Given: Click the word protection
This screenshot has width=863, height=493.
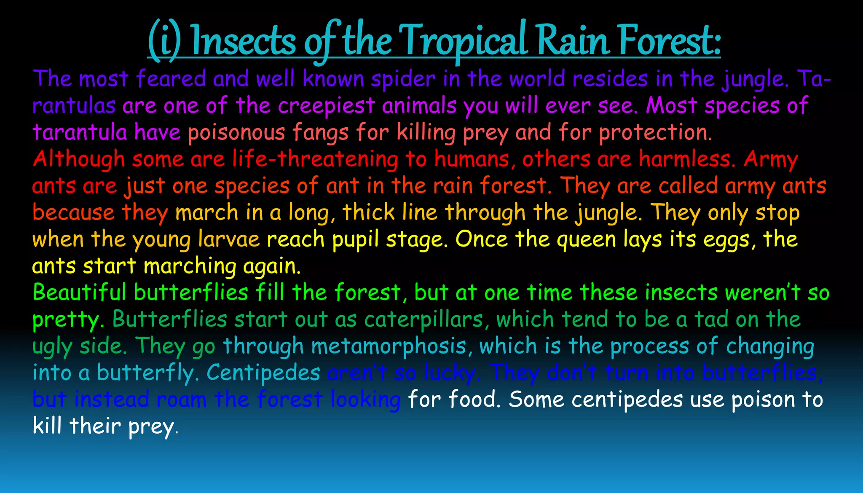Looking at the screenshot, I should [x=655, y=133].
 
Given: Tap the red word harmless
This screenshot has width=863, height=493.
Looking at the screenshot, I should [x=687, y=160].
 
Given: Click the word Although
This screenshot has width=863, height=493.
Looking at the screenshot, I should [x=79, y=160].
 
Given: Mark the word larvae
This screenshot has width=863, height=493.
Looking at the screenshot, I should [x=229, y=239].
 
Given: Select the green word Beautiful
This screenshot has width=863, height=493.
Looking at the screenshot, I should [x=79, y=292].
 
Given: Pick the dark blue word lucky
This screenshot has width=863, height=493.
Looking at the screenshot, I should [x=451, y=373].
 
